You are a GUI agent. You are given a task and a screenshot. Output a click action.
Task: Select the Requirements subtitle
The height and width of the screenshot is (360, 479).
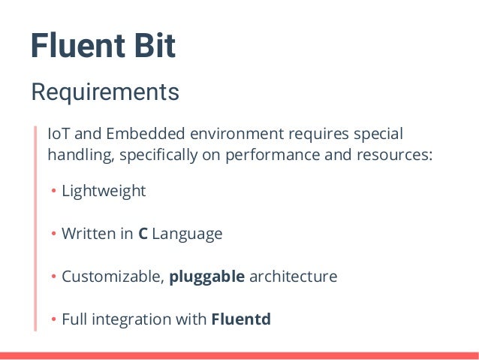pyautogui.click(x=104, y=92)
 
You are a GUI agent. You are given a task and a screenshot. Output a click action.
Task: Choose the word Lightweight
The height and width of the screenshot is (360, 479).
pyautogui.click(x=104, y=191)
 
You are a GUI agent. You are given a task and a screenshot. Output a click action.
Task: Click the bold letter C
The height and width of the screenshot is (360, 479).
pyautogui.click(x=143, y=234)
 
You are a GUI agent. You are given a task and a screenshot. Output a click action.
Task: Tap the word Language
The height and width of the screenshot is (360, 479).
pyautogui.click(x=187, y=234)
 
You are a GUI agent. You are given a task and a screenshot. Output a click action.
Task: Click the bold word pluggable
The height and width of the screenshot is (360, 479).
pyautogui.click(x=207, y=277)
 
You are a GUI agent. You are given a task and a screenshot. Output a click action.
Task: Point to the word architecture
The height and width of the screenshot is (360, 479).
pyautogui.click(x=294, y=277)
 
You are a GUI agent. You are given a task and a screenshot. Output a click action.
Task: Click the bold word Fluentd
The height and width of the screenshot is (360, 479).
pyautogui.click(x=241, y=319)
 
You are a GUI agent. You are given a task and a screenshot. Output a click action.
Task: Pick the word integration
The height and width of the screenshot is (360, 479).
pyautogui.click(x=132, y=319)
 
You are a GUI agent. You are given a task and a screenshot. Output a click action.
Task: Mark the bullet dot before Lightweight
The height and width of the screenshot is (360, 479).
pyautogui.click(x=54, y=192)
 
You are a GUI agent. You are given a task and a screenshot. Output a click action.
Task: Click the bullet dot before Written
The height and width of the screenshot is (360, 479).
pyautogui.click(x=54, y=234)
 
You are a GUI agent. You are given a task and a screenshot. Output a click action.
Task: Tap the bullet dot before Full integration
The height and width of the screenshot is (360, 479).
pyautogui.click(x=54, y=320)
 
